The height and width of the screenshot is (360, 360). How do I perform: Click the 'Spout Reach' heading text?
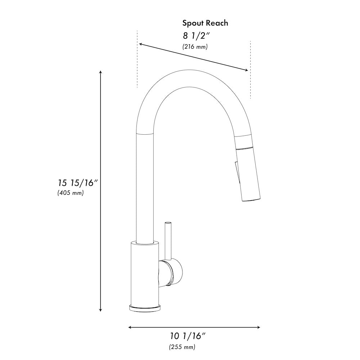tap(205, 23)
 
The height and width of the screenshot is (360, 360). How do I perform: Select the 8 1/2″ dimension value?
tap(197, 36)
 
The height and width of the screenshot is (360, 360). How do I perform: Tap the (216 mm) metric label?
tap(195, 47)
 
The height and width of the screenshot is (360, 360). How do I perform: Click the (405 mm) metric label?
tap(71, 193)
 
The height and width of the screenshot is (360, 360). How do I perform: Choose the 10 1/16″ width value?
tap(188, 337)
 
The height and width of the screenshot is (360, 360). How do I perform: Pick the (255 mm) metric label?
tap(182, 347)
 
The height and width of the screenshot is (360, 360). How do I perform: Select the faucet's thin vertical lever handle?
tap(167, 239)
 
